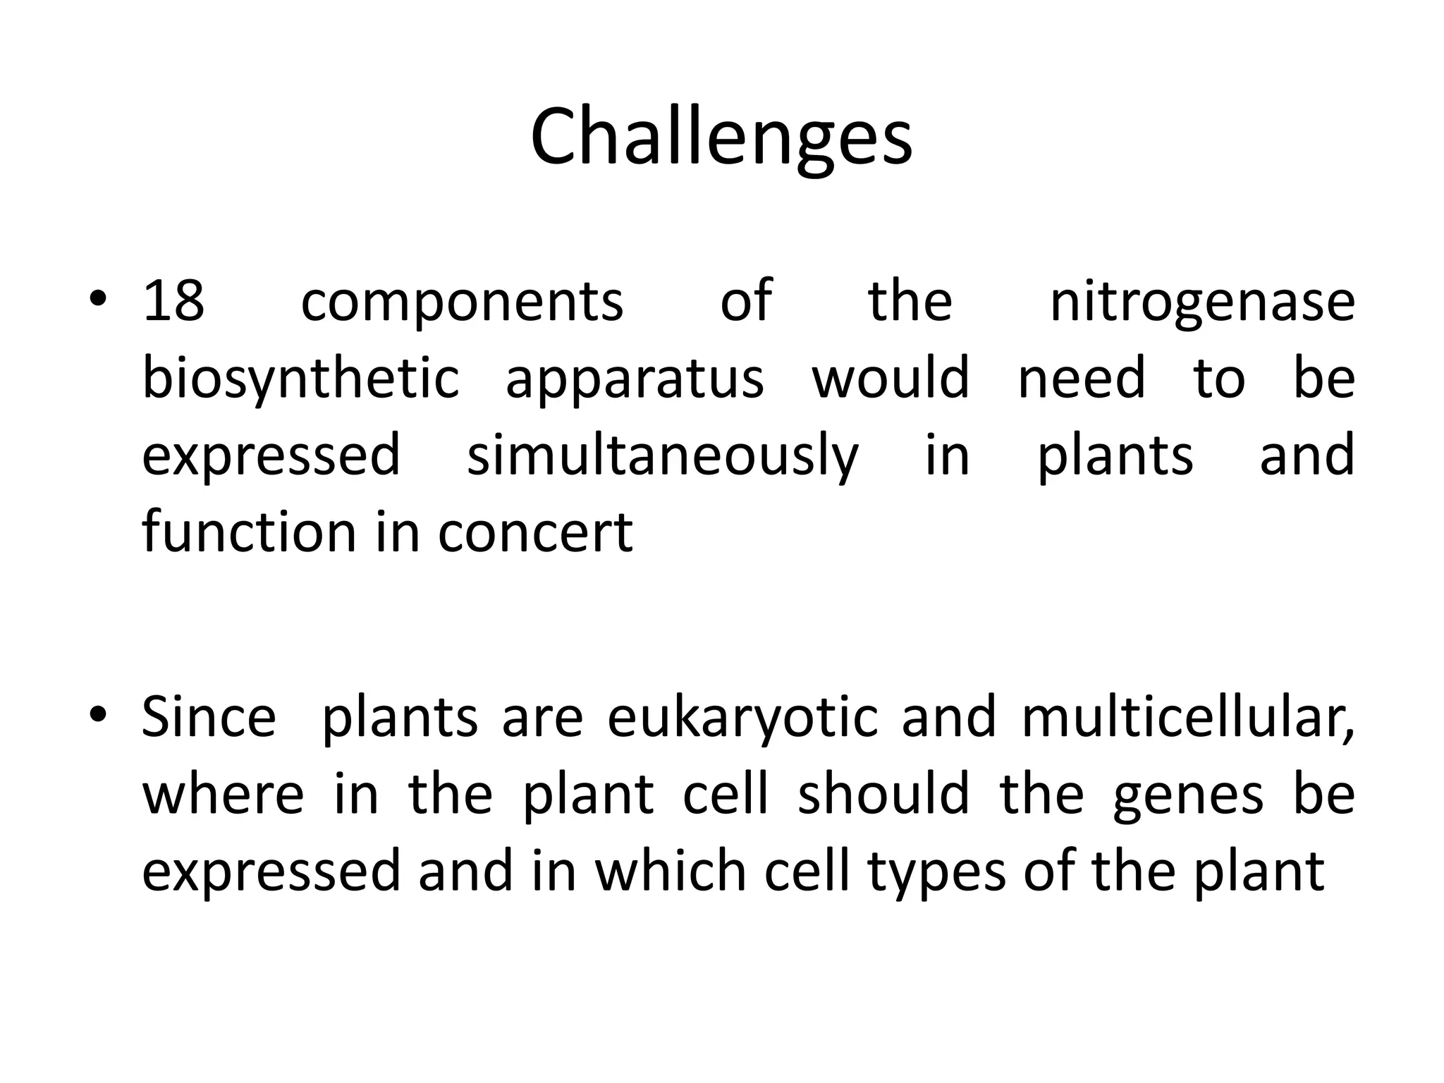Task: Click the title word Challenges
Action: point(721,137)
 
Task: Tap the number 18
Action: point(173,301)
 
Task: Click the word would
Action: point(891,377)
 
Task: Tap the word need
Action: point(1082,377)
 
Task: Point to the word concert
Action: point(535,532)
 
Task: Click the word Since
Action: point(209,717)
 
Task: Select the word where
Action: point(223,794)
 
